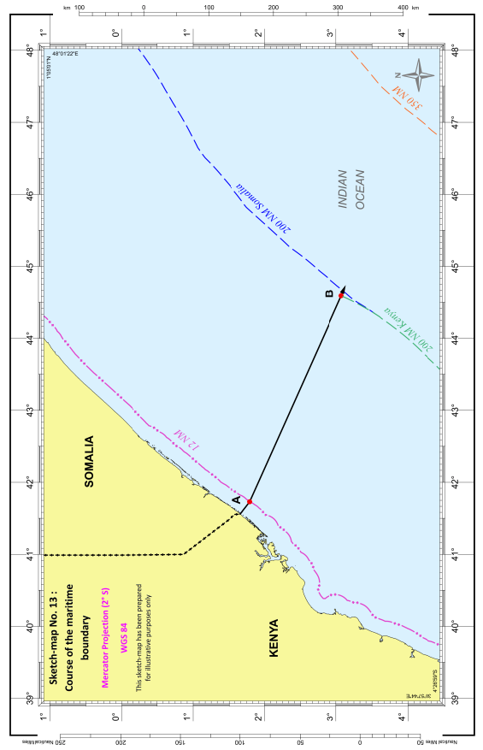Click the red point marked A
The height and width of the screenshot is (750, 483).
point(250,502)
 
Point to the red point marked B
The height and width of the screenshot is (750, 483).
point(341,295)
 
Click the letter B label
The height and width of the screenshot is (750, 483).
point(329,295)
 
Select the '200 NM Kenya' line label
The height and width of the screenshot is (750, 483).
point(402,328)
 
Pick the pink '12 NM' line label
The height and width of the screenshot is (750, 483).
point(186,439)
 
